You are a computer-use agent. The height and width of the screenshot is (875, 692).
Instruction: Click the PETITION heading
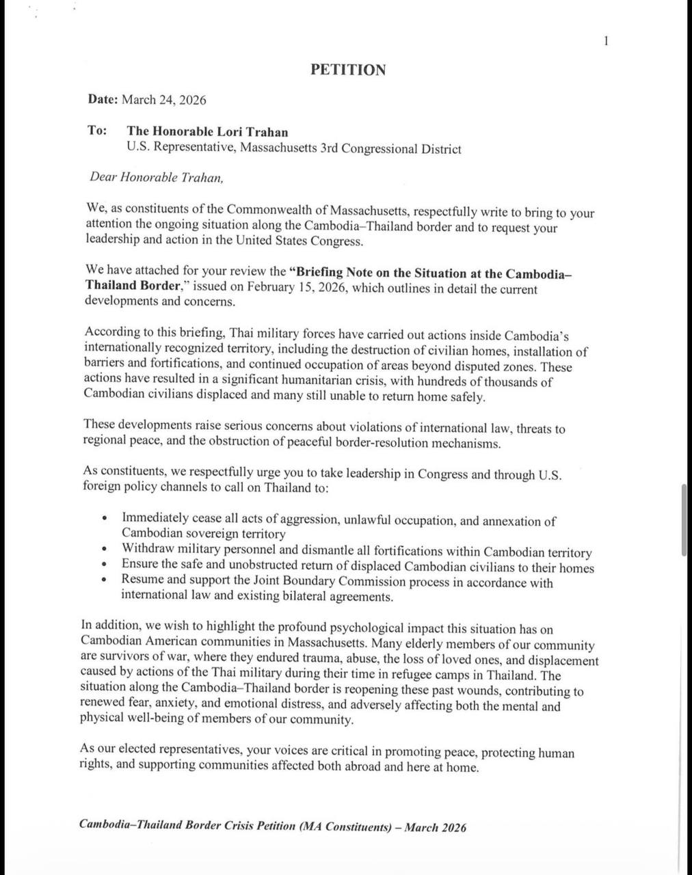coord(348,70)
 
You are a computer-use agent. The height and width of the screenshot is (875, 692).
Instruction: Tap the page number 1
coord(606,41)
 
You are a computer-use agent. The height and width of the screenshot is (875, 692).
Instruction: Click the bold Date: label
coord(103,99)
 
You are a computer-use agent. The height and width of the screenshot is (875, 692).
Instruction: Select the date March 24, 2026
coord(163,100)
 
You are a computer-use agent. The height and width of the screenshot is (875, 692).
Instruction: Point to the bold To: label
coord(96,130)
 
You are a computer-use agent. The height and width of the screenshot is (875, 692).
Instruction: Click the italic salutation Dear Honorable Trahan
coord(156,177)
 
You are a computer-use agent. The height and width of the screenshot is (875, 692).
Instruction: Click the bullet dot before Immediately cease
coord(104,519)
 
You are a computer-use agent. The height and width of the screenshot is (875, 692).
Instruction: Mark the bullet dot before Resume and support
coord(104,580)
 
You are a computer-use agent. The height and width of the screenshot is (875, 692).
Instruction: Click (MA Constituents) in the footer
coord(345,826)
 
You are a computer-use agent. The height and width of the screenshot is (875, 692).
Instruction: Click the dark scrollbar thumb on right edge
coord(684,520)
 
